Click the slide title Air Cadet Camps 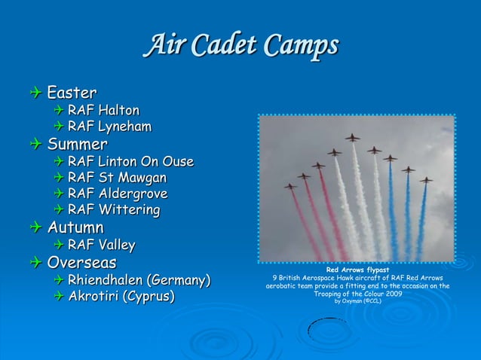coord(241,47)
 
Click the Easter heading coord(72,93)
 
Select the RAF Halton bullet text coord(103,111)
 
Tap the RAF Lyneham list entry coord(109,127)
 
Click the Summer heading coord(78,143)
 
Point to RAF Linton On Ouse coord(130,161)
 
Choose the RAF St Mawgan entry coord(117,178)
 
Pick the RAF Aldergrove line coord(118,194)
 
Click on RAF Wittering coord(113,209)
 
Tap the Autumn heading coord(75,227)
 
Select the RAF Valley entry coord(101,245)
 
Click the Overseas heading coord(82,263)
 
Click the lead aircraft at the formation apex coord(352,138)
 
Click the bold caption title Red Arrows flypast coord(357,270)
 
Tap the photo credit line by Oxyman coord(357,301)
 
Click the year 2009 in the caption coord(390,294)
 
